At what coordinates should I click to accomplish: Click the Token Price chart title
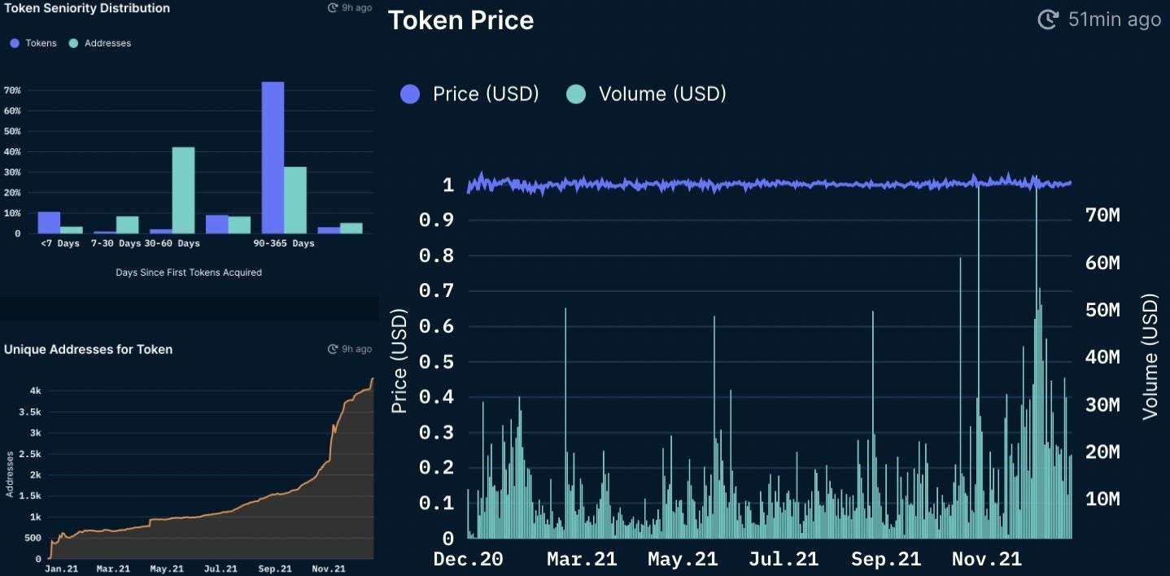[x=461, y=20]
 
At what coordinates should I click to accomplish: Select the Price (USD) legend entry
[x=486, y=94]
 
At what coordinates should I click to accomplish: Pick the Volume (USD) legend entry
[x=661, y=94]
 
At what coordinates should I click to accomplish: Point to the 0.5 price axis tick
[x=436, y=361]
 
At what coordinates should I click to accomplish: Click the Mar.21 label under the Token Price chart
[x=581, y=560]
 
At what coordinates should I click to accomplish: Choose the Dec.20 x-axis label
[x=468, y=560]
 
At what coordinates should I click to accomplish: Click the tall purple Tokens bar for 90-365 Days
[x=273, y=158]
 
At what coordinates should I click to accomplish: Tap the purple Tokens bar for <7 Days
[x=49, y=222]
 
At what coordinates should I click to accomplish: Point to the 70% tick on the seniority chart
[x=12, y=90]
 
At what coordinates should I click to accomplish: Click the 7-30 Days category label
[x=116, y=243]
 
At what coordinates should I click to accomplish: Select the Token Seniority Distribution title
[x=87, y=8]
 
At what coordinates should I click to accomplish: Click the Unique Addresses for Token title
[x=88, y=349]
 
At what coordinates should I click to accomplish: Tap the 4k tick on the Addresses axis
[x=35, y=391]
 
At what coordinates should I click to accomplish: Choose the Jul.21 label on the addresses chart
[x=220, y=569]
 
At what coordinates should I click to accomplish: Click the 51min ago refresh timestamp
[x=1114, y=20]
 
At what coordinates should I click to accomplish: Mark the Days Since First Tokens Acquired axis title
[x=189, y=273]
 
